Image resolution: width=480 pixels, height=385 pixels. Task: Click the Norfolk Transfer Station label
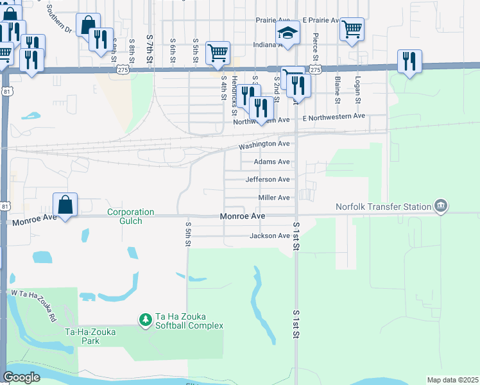[x=383, y=207]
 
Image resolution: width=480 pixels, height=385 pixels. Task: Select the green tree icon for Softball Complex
[x=146, y=319]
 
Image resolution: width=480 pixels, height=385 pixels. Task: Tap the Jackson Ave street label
[x=270, y=236]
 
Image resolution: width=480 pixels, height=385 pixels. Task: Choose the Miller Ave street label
[x=274, y=198]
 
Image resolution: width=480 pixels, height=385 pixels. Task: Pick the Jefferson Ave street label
[x=268, y=180]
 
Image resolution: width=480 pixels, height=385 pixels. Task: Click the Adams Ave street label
[x=271, y=162]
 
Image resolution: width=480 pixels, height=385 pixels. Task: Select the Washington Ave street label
[x=264, y=146]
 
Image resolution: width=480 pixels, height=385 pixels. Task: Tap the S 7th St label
[x=150, y=49]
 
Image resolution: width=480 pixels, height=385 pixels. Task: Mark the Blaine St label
[x=337, y=90]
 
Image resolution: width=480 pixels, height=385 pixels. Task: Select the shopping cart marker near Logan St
[x=352, y=30]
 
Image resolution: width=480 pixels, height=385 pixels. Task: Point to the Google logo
[x=21, y=377]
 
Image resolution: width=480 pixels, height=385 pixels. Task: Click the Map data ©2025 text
[x=452, y=380]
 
